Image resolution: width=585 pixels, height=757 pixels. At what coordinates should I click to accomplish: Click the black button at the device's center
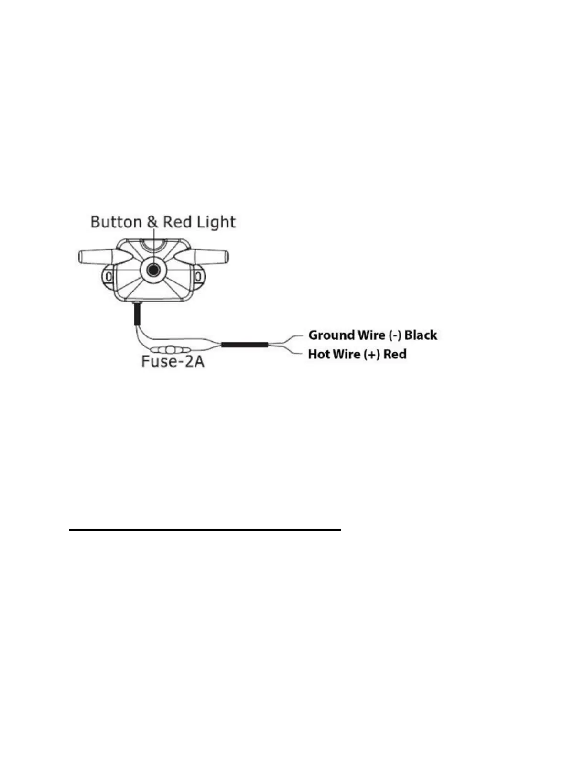coord(153,270)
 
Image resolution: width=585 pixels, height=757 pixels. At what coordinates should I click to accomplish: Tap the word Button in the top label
coord(116,222)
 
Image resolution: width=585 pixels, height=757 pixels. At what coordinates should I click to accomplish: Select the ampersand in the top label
coord(152,222)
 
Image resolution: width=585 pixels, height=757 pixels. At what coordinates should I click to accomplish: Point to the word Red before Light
coord(177,222)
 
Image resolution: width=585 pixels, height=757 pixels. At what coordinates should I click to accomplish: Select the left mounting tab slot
coord(109,276)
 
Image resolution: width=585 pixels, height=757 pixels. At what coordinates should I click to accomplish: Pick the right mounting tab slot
coord(197,276)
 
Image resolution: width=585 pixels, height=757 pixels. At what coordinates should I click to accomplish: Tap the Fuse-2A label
coord(173,361)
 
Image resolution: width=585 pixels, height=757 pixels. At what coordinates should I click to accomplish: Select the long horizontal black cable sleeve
coord(244,344)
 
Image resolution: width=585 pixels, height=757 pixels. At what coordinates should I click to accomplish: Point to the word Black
coord(421,335)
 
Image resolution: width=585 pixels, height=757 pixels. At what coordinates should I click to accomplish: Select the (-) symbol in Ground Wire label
coord(395,335)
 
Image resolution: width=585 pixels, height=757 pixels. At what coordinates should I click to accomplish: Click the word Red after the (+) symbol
coord(395,354)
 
